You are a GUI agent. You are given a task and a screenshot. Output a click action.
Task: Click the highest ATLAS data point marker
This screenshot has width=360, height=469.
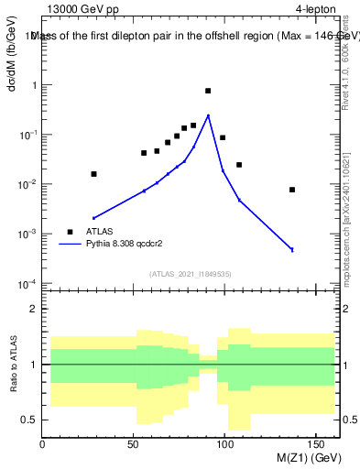pos(208,91)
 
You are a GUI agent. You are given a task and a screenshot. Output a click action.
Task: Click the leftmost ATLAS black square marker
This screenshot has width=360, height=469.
pos(93,173)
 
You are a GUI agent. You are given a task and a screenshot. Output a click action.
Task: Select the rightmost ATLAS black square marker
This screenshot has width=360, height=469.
pos(292,190)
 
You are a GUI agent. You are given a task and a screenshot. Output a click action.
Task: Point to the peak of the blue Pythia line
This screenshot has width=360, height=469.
pos(208,115)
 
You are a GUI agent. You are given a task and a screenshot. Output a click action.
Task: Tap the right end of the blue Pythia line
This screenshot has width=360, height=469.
pos(292,250)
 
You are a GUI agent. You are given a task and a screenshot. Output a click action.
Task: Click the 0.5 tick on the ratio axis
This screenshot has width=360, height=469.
pos(31,420)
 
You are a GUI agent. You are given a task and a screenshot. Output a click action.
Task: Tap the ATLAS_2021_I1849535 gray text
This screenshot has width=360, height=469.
pos(188,273)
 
